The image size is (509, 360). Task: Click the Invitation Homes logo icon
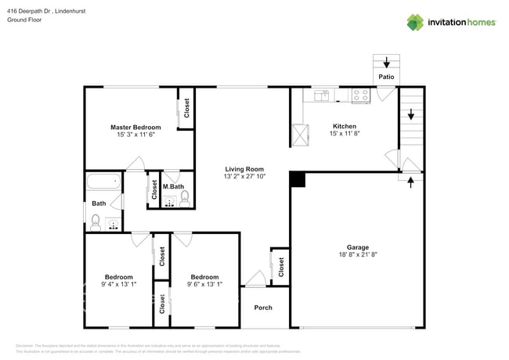point(414,23)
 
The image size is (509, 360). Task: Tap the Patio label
point(386,77)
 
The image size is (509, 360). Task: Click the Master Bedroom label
point(135,127)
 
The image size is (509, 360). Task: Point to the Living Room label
point(244,169)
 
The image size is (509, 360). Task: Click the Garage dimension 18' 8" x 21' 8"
point(352,255)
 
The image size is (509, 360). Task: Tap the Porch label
point(264,308)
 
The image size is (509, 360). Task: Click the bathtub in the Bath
point(103,182)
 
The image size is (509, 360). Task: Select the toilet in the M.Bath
point(186,200)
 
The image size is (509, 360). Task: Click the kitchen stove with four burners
point(360,95)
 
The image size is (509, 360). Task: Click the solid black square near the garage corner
point(298,180)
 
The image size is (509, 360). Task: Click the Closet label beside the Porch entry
point(280,266)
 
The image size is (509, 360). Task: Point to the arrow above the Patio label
point(386,62)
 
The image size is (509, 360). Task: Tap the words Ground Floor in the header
point(24,20)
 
